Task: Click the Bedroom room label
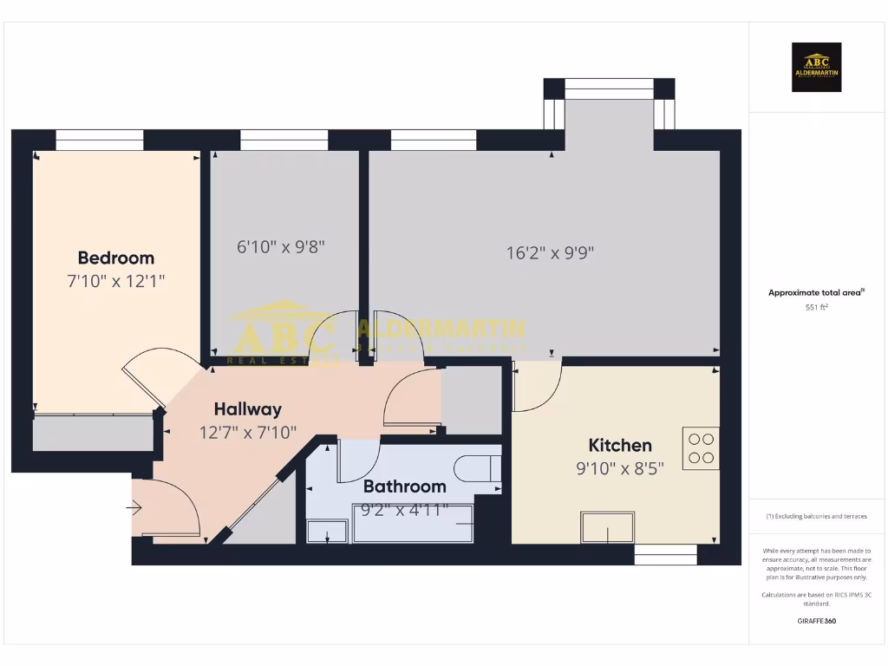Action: [x=115, y=258]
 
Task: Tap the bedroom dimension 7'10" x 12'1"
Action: [x=115, y=281]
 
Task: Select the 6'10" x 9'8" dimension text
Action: [x=281, y=246]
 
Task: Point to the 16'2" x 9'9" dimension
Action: [x=550, y=253]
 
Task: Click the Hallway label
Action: [x=247, y=409]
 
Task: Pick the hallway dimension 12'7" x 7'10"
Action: [x=248, y=431]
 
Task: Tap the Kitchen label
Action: [x=620, y=446]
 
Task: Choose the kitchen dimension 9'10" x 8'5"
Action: [x=620, y=469]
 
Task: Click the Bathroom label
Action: [x=404, y=486]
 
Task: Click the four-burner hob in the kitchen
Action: [x=701, y=448]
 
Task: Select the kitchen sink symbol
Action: [x=608, y=527]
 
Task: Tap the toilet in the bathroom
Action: [x=476, y=468]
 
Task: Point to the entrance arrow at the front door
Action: [x=135, y=506]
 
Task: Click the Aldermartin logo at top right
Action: [x=816, y=68]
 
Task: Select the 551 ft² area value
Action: [x=816, y=307]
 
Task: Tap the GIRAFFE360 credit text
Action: [x=816, y=621]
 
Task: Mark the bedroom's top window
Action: [x=100, y=140]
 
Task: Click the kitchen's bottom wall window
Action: [x=665, y=555]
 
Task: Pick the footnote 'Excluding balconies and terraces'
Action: [x=816, y=516]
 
